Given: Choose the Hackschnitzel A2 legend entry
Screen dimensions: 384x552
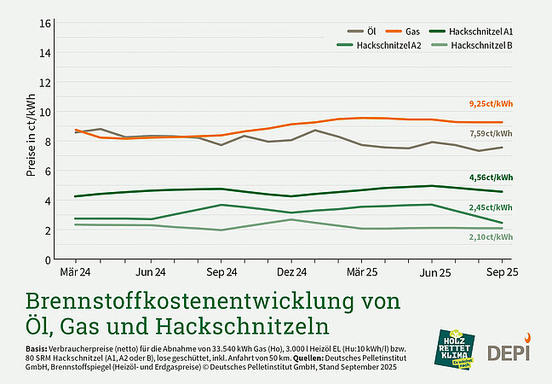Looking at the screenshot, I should (381, 44).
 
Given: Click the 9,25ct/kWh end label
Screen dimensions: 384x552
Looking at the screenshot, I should (492, 103).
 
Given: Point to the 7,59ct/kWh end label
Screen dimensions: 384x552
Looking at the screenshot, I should (492, 134).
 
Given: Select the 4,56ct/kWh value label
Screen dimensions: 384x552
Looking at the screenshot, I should (492, 177).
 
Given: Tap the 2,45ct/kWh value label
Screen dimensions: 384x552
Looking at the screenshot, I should (492, 207).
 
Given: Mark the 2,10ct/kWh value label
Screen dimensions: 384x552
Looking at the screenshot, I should (492, 236).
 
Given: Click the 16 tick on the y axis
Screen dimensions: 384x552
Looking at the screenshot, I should (47, 23).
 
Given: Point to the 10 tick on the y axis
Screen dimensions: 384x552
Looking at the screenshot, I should (47, 112).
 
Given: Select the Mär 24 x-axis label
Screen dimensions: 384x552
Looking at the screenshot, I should (76, 272).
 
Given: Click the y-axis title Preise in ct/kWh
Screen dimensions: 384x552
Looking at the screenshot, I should (32, 141).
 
